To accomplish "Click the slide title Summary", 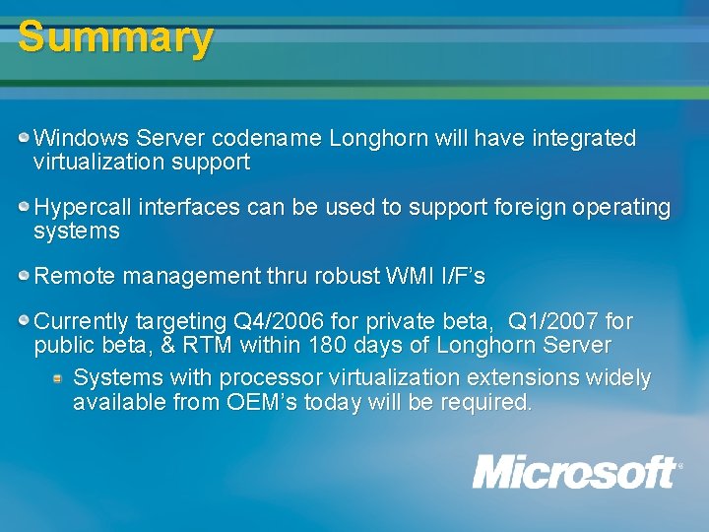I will (x=115, y=37).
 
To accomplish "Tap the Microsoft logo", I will (x=576, y=472).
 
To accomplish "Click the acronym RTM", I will (x=210, y=346).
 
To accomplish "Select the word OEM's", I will (x=259, y=402).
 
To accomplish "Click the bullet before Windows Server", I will (x=24, y=137).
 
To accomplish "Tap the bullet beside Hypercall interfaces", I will (x=24, y=207).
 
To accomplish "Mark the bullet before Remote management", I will (x=24, y=276).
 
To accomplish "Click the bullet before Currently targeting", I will (x=24, y=320).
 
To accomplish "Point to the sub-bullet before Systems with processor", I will (x=58, y=377).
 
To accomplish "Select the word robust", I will (x=344, y=277).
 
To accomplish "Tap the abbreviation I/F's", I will (x=462, y=277).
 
